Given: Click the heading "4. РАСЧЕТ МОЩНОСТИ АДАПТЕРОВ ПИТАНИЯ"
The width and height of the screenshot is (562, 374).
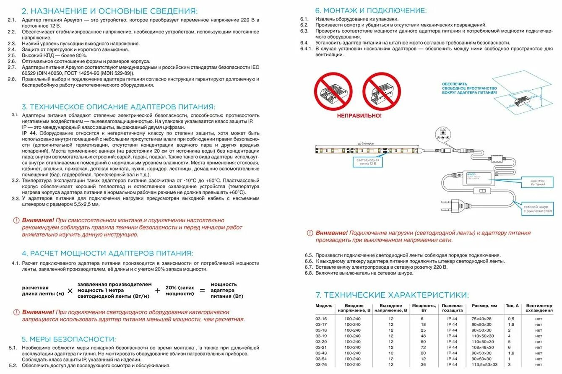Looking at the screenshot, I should [x=107, y=253].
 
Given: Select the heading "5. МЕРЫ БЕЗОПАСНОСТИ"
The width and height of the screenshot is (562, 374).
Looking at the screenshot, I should [x=69, y=339].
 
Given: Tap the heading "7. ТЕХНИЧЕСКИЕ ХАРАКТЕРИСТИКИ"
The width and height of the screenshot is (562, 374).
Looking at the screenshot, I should [x=392, y=294].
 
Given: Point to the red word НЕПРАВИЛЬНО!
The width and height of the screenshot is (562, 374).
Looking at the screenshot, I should [x=359, y=116].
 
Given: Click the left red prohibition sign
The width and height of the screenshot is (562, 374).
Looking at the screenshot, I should [x=333, y=91].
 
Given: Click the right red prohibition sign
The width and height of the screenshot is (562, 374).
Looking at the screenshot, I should [x=382, y=91].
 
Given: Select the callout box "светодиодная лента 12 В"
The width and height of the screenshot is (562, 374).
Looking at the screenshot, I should [x=368, y=163].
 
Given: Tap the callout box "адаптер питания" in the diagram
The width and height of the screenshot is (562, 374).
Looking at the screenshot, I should [x=538, y=182].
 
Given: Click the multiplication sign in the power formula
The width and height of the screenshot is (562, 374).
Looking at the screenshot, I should [x=70, y=291].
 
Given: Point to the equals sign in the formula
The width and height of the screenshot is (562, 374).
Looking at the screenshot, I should [x=202, y=291].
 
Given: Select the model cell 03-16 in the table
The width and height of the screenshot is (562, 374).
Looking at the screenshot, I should [x=321, y=319].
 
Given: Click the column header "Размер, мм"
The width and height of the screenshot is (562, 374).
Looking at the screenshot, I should [x=484, y=306].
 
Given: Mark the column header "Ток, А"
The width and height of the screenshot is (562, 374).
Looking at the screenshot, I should [x=512, y=306].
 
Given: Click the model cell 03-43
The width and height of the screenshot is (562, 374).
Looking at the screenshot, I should [x=321, y=353].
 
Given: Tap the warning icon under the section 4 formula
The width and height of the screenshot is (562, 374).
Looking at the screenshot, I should [x=16, y=312].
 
